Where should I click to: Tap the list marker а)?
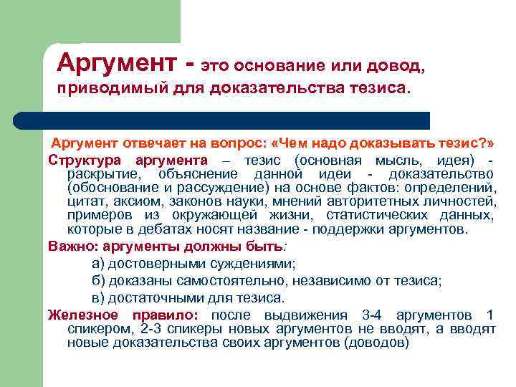click(99, 264)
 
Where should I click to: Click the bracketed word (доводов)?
click(377, 343)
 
